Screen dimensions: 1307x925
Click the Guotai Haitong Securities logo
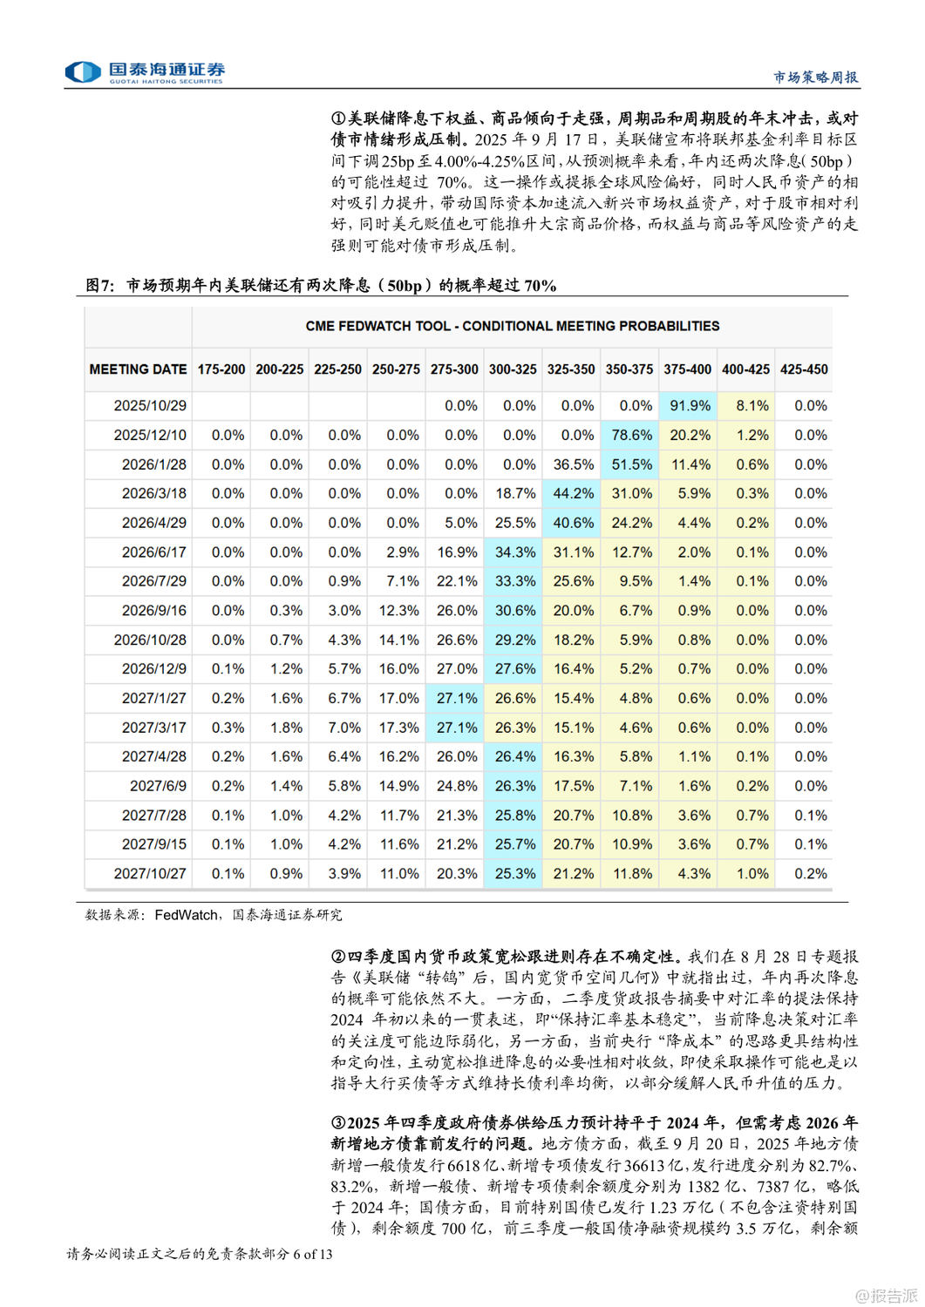pyautogui.click(x=145, y=71)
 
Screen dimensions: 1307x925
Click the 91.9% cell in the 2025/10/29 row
pyautogui.click(x=689, y=406)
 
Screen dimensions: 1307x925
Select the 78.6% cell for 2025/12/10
pyautogui.click(x=631, y=436)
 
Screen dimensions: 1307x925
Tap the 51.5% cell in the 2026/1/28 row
pyautogui.click(x=631, y=464)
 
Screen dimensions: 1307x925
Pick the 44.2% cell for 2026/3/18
pyautogui.click(x=573, y=494)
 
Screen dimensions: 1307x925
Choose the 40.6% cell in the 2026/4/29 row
pyautogui.click(x=573, y=523)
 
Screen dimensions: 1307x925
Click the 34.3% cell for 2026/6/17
pyautogui.click(x=514, y=552)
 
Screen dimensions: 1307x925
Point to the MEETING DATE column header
pyautogui.click(x=138, y=369)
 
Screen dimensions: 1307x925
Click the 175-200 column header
pyautogui.click(x=221, y=369)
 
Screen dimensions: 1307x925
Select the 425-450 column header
pyautogui.click(x=804, y=369)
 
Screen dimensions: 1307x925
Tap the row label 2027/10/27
pyautogui.click(x=150, y=874)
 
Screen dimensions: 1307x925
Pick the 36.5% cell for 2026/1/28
pyautogui.click(x=573, y=464)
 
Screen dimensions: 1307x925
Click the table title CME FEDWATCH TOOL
pyautogui.click(x=512, y=326)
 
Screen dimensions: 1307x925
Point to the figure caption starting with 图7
pyautogui.click(x=321, y=286)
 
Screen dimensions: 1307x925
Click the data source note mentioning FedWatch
pyautogui.click(x=214, y=915)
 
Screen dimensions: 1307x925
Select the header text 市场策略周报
pyautogui.click(x=815, y=78)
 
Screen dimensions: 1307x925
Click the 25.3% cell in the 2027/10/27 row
pyautogui.click(x=514, y=874)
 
